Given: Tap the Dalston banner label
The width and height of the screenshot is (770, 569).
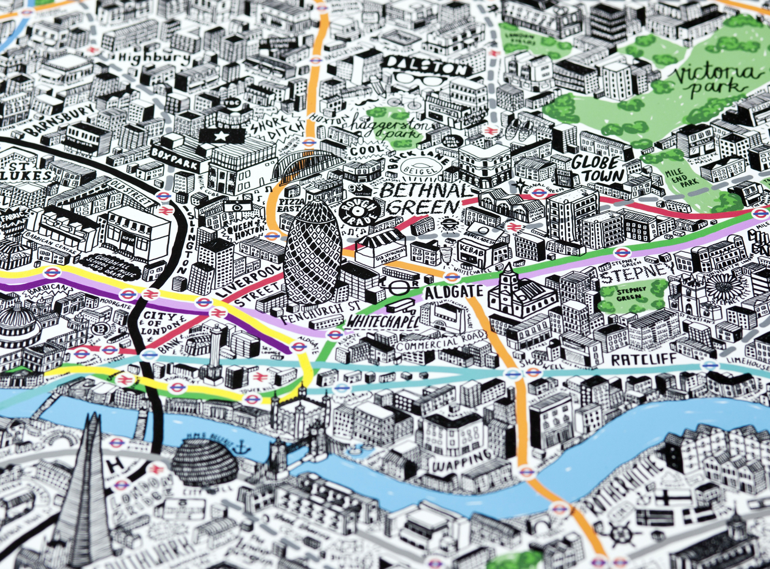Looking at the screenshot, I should pos(426,66).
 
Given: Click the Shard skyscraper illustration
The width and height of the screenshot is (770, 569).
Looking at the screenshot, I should pos(86,498).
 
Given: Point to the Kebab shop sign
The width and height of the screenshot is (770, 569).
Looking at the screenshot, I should pos(471,251).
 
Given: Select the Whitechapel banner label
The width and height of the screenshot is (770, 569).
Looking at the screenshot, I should pos(382,321).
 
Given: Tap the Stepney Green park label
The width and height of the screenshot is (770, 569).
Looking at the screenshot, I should pos(631,294).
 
